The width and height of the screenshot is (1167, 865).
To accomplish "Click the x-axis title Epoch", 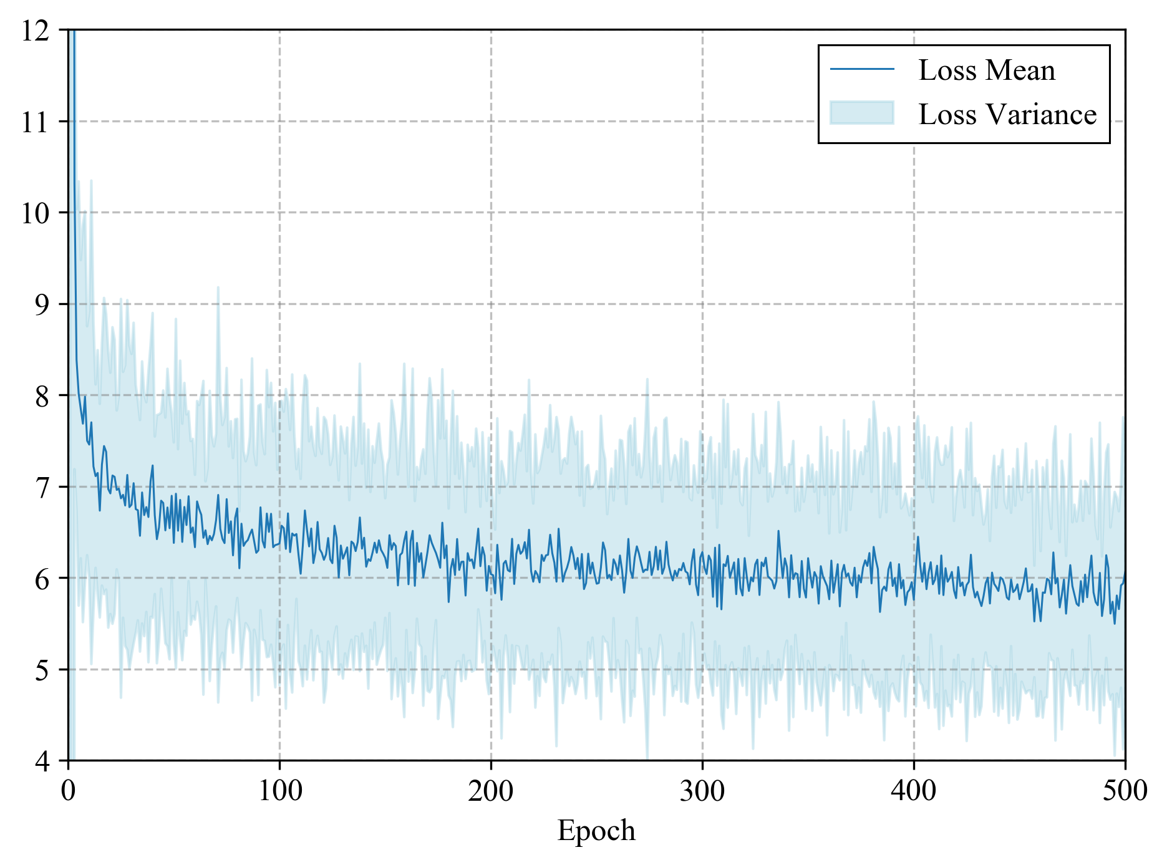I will coord(596,831).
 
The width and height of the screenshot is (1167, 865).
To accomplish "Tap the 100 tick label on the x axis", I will coord(279,791).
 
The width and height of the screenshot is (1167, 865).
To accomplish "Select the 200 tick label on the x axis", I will coord(491,791).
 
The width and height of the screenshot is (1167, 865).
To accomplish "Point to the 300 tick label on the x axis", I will coord(702,791).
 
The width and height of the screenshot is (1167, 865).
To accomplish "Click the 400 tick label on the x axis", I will coord(914,791).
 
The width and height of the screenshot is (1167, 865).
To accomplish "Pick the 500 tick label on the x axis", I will coord(1125,791).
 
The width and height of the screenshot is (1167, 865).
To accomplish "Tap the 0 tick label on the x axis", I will coord(68,791).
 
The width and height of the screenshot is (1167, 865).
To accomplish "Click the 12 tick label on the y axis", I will coord(35,31).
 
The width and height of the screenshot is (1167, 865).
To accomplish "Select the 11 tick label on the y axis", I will coord(35,122).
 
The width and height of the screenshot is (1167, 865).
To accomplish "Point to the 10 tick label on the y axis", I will coord(35,213).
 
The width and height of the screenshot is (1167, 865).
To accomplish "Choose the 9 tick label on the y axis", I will coord(42,305).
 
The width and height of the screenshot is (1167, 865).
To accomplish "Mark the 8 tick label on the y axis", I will coord(42,396).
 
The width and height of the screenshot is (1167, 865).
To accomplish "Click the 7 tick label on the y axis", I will coord(42,488).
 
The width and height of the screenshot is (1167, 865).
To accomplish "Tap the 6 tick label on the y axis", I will coord(42,579).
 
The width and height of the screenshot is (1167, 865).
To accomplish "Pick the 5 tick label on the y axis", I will coord(42,670).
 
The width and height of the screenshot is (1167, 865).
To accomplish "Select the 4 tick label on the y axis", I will coord(42,761).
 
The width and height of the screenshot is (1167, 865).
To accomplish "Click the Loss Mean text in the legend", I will coord(987,70).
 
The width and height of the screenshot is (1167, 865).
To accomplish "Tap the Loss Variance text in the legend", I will coord(1007,114).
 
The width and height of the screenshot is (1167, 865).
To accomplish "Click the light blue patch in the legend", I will coord(862,113).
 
